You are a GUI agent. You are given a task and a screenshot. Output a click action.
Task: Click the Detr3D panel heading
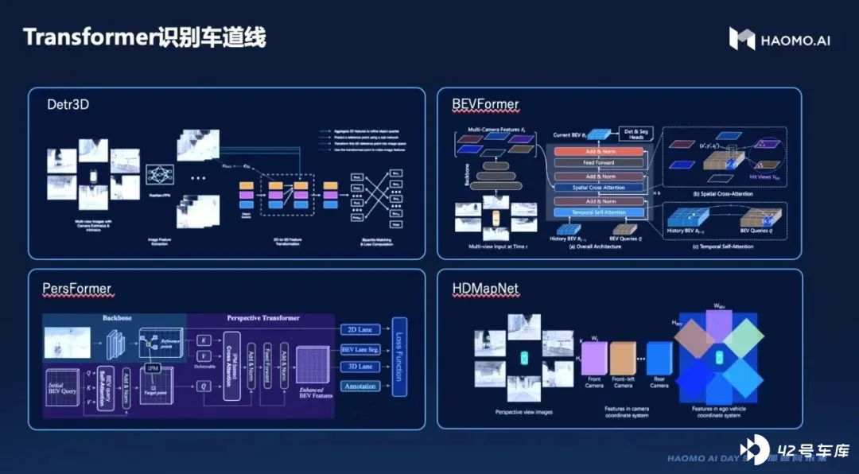pyautogui.click(x=68, y=103)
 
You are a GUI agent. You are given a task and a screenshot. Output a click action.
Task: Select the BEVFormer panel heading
pyautogui.click(x=485, y=104)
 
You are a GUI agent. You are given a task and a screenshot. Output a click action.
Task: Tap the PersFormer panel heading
pyautogui.click(x=76, y=288)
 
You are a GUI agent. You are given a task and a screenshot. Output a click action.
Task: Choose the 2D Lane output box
pyautogui.click(x=360, y=328)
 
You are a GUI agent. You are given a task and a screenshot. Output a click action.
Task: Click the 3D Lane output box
pyautogui.click(x=360, y=367)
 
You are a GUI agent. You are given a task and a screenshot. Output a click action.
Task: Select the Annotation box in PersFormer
pyautogui.click(x=360, y=387)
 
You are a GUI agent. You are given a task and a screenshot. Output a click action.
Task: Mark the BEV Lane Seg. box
pyautogui.click(x=360, y=348)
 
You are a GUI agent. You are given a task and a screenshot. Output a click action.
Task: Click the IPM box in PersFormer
pyautogui.click(x=154, y=368)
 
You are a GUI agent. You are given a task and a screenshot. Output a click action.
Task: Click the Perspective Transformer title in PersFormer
pyautogui.click(x=262, y=318)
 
